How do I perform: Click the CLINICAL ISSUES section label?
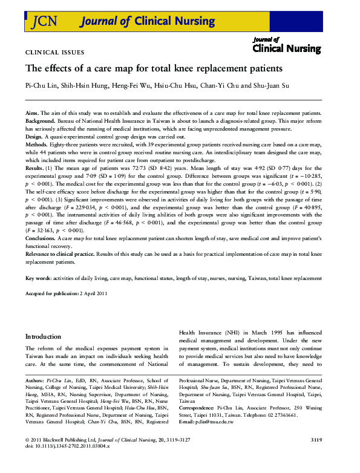coord(55,53)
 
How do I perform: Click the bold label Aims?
coord(32,114)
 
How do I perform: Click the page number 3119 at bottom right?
coord(327,455)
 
